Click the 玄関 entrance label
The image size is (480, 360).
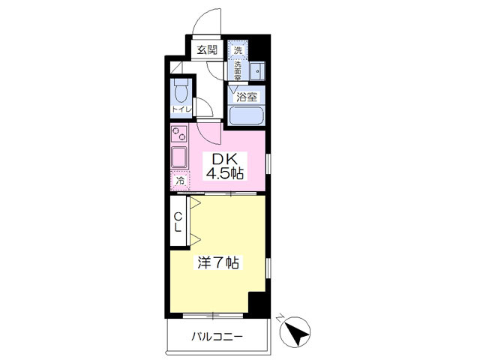click(207, 49)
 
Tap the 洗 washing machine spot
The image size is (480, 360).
click(238, 50)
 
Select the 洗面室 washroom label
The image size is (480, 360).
click(238, 70)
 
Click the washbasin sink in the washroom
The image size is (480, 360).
click(257, 71)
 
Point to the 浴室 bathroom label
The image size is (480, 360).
click(247, 97)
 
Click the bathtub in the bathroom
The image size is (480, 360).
click(247, 115)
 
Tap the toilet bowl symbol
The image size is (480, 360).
click(181, 91)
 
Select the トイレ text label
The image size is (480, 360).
click(181, 109)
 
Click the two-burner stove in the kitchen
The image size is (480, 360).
click(179, 133)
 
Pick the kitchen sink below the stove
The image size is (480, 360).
click(179, 157)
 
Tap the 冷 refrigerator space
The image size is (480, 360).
click(181, 181)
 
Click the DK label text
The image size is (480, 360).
click(225, 159)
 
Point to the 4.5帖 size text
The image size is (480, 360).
click(225, 174)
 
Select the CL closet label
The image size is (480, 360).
click(178, 223)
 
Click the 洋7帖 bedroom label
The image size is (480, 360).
click(218, 262)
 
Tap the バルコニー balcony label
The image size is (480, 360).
click(217, 337)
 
